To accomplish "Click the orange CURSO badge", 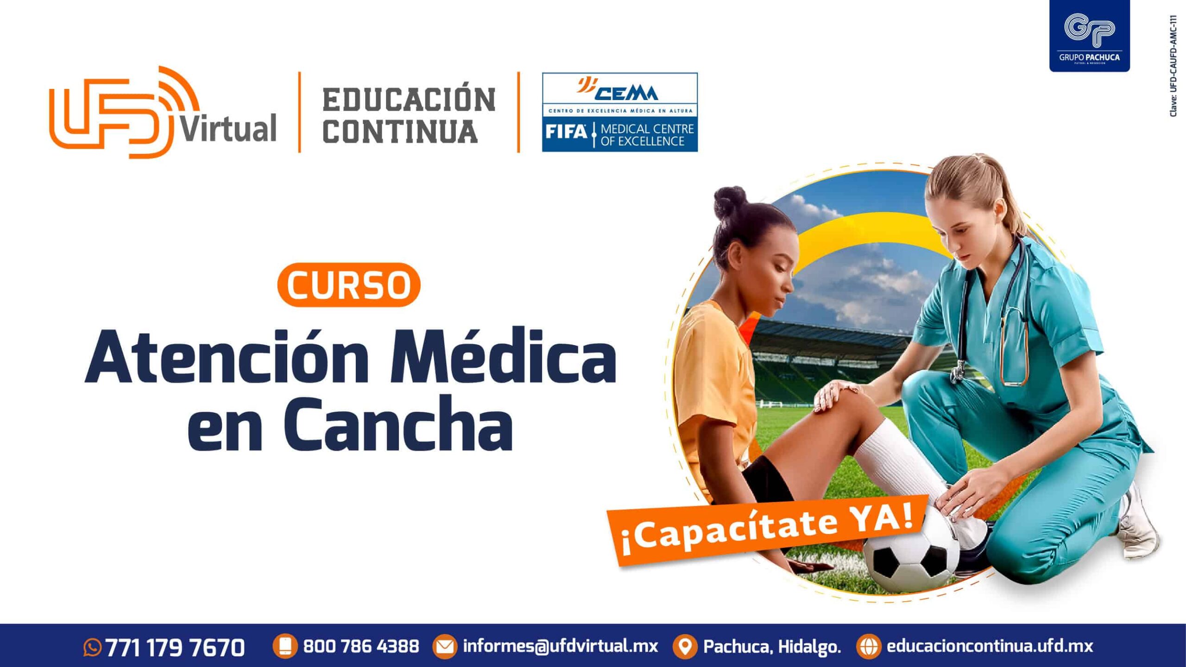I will click(348, 285).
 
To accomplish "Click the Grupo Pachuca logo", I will click(1089, 36).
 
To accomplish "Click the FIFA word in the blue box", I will click(566, 132).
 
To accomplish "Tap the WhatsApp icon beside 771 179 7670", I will click(92, 647).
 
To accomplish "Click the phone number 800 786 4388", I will click(361, 646).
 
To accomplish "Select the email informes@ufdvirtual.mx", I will click(560, 646).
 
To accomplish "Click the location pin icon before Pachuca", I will click(685, 647).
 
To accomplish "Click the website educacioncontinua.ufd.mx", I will click(990, 646).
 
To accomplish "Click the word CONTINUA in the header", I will click(400, 132).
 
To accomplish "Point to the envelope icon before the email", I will click(445, 647).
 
